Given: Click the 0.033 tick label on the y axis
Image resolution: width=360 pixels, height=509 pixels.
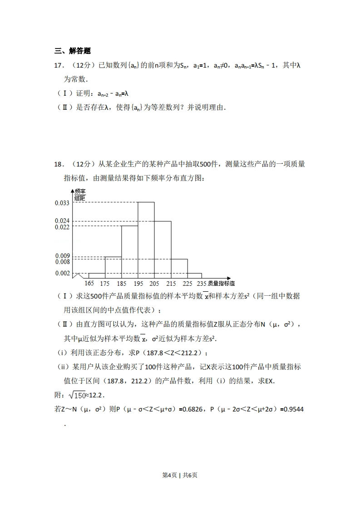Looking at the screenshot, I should (x=62, y=203).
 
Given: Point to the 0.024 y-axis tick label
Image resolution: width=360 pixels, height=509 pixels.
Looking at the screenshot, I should (x=62, y=221).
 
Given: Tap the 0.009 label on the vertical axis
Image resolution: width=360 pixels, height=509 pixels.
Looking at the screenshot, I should (x=62, y=256).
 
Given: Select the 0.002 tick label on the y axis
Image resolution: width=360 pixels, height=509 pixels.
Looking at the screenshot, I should (x=62, y=273).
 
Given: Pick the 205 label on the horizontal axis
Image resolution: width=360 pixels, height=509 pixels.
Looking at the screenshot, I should (x=154, y=284).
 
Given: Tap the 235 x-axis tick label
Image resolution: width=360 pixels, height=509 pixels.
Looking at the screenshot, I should (x=201, y=284).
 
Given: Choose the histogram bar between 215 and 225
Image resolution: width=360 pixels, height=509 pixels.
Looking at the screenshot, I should (x=179, y=268).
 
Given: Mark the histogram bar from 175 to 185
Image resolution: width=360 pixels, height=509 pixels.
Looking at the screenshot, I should (x=113, y=267).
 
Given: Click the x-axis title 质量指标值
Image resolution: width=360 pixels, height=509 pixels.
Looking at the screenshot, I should (x=221, y=284).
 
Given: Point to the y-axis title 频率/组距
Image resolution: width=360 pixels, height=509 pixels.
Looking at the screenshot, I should (x=80, y=195).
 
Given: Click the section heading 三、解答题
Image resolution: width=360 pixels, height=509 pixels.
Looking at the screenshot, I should (x=72, y=51).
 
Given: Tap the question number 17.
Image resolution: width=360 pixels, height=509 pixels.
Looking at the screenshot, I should (x=58, y=66).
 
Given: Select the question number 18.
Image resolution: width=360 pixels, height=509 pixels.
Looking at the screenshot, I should (x=58, y=164).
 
